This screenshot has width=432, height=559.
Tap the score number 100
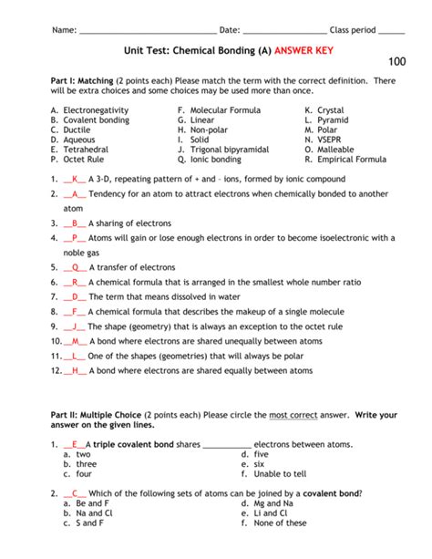coord(396,62)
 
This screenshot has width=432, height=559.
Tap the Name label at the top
coord(64,29)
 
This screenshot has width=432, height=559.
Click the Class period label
coord(353,29)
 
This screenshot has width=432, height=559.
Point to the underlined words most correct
coord(293,415)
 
